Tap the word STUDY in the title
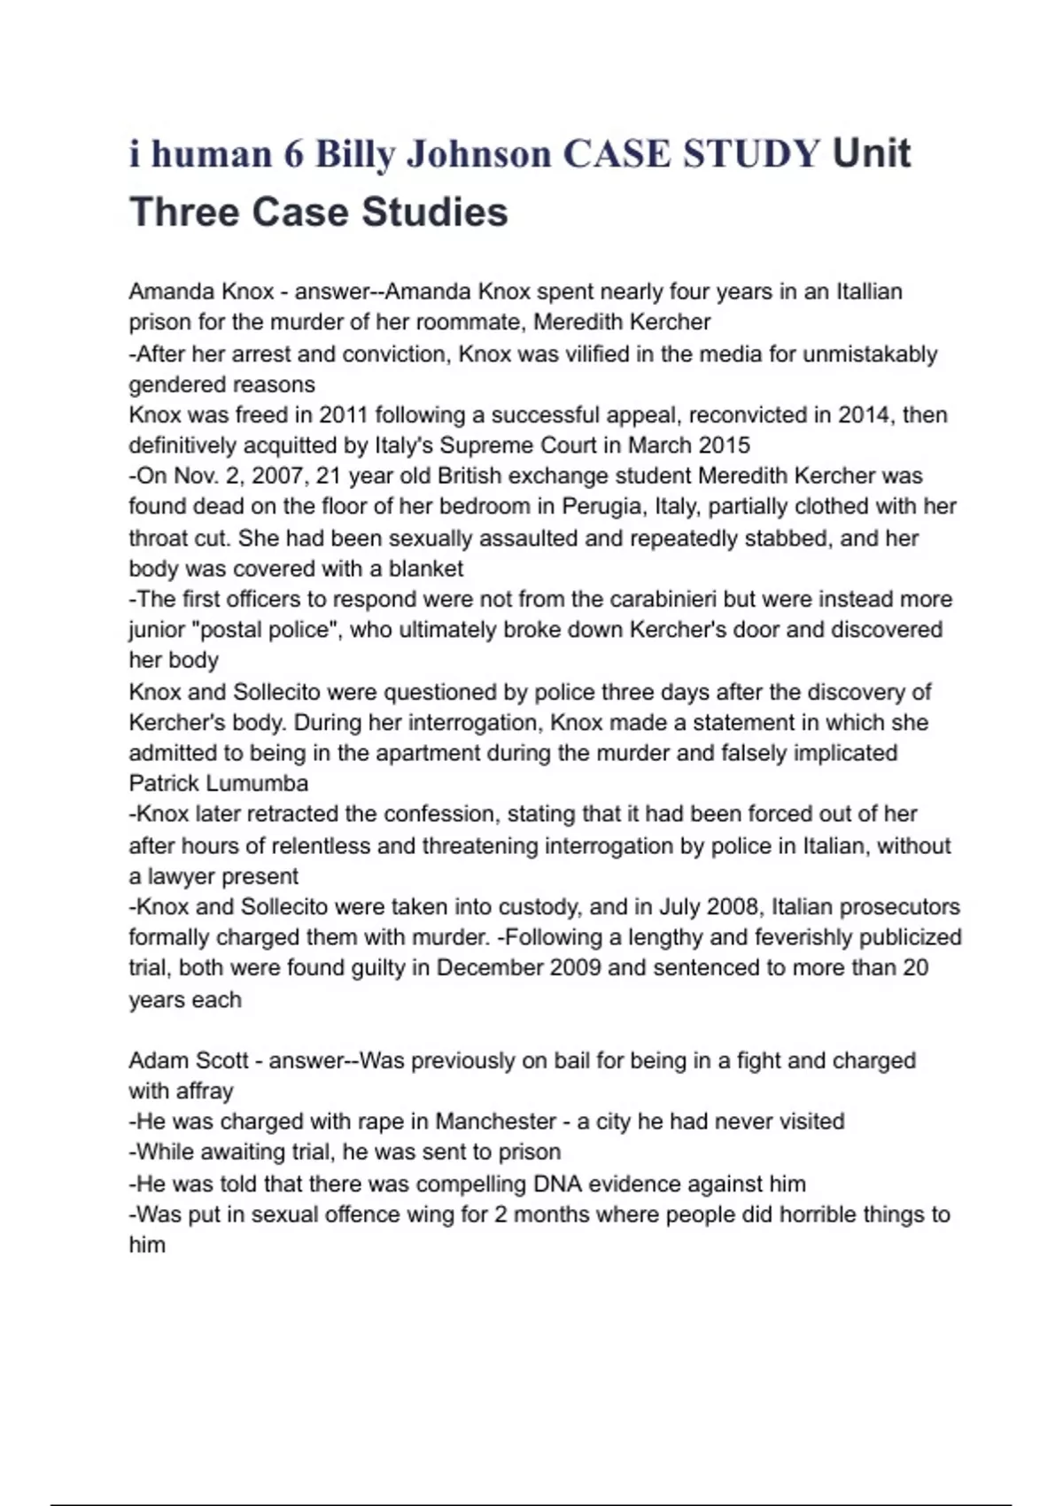754,154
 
